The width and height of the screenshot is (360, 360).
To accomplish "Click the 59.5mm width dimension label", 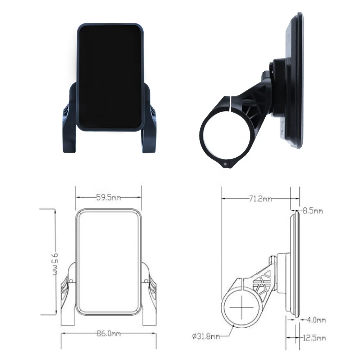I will [x=108, y=197].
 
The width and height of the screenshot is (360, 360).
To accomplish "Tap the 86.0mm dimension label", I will [x=108, y=334].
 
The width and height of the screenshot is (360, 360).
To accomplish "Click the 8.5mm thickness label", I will [x=312, y=211].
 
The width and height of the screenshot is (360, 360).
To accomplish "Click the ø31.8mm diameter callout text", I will [x=206, y=337].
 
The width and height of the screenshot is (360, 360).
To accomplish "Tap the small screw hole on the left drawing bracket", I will [x=71, y=280].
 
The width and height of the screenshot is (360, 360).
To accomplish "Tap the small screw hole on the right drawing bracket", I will [x=146, y=280].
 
